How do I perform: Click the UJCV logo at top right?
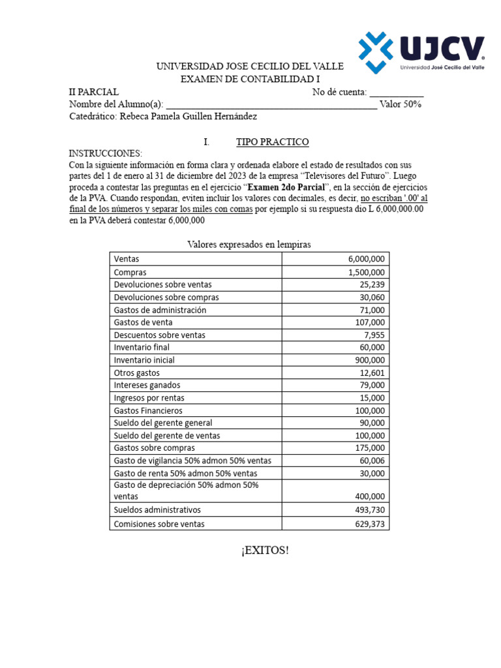[421, 52]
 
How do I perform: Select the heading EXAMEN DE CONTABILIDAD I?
[249, 80]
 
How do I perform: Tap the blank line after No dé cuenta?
[397, 92]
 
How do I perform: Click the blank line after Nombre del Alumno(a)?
[271, 104]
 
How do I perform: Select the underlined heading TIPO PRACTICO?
[272, 142]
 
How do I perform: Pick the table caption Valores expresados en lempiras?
[249, 245]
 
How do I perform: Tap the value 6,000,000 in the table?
[366, 260]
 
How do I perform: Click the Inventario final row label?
[142, 347]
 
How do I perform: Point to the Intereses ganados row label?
[147, 386]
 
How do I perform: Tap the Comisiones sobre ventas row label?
[159, 524]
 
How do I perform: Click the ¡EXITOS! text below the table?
[264, 551]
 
